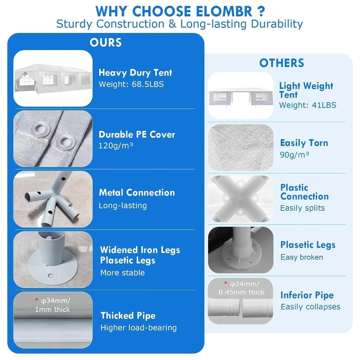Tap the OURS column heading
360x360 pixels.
[106, 42]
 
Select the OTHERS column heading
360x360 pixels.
[281, 63]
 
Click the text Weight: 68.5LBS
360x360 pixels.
[131, 84]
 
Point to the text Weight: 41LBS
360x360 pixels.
[307, 105]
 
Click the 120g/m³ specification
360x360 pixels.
[115, 146]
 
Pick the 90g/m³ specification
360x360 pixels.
[294, 155]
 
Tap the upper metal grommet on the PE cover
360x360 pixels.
[41, 129]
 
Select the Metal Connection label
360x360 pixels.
[137, 193]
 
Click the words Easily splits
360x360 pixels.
[302, 208]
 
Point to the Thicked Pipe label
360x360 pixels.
[128, 316]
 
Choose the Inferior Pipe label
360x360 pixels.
[307, 295]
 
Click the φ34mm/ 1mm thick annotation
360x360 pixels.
[53, 305]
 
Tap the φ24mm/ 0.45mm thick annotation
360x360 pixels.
[241, 288]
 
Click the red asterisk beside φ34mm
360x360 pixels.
[37, 300]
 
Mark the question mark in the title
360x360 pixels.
[262, 12]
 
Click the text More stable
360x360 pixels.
[123, 273]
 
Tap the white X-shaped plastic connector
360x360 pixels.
[241, 199]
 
